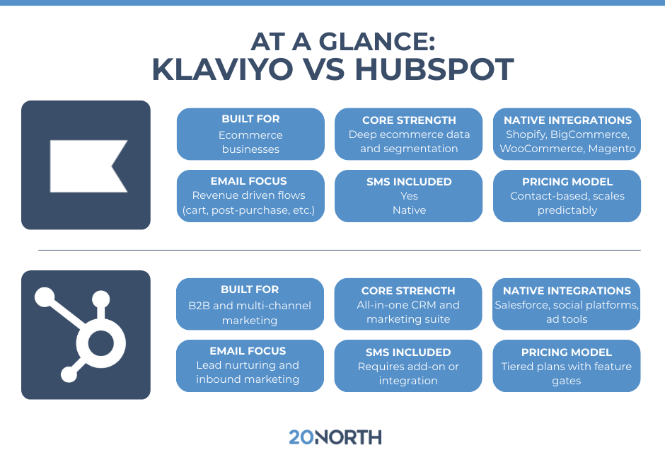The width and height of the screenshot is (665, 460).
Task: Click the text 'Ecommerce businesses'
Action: click(x=250, y=142)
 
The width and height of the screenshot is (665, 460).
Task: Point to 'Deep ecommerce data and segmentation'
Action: click(x=409, y=142)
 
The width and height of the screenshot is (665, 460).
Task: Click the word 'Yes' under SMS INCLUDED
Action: click(x=409, y=196)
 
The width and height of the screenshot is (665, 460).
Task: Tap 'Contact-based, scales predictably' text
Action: click(x=567, y=203)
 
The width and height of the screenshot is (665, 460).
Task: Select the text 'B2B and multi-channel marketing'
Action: click(x=250, y=313)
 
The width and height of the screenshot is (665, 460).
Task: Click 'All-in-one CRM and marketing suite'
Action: click(x=408, y=312)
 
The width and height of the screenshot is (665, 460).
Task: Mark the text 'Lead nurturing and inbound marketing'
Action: click(x=248, y=372)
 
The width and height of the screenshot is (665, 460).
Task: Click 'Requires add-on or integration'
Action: click(x=408, y=373)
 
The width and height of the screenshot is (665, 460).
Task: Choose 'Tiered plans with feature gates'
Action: click(x=567, y=373)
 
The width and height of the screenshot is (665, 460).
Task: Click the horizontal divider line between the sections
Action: click(x=340, y=250)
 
